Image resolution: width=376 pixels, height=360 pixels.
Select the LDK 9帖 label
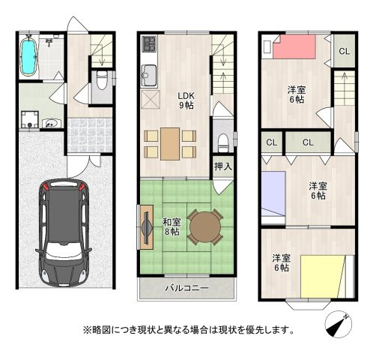tap(187, 100)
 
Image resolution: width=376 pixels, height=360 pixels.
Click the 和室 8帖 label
tap(172, 226)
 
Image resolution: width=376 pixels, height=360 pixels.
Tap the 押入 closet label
tap(222, 166)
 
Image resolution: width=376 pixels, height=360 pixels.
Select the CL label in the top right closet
tap(344, 51)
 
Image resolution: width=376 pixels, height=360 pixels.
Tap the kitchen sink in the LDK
tap(148, 76)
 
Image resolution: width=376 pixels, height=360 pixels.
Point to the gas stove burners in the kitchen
tap(148, 44)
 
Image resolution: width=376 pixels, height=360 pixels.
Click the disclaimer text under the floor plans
tap(187, 329)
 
